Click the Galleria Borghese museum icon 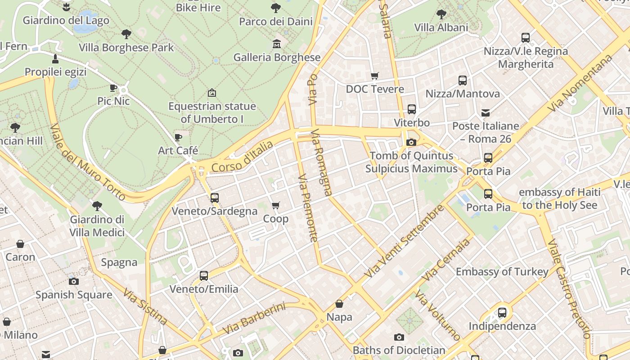(x=277, y=44)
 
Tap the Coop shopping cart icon (x=276, y=206)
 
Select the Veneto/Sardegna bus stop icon (x=215, y=198)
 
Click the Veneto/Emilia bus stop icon (x=204, y=275)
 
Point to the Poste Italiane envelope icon (x=486, y=112)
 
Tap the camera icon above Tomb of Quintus (x=411, y=142)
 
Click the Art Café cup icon (x=178, y=137)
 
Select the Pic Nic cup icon (x=113, y=88)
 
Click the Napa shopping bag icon (x=339, y=304)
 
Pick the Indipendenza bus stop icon (x=502, y=312)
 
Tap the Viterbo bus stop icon (x=412, y=109)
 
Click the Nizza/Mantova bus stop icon (x=463, y=81)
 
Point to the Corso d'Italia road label (x=242, y=157)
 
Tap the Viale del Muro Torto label (x=88, y=162)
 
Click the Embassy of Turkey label (x=502, y=272)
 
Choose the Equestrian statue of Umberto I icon (x=211, y=93)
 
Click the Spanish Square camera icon (x=74, y=281)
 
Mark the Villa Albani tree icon (x=441, y=14)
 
